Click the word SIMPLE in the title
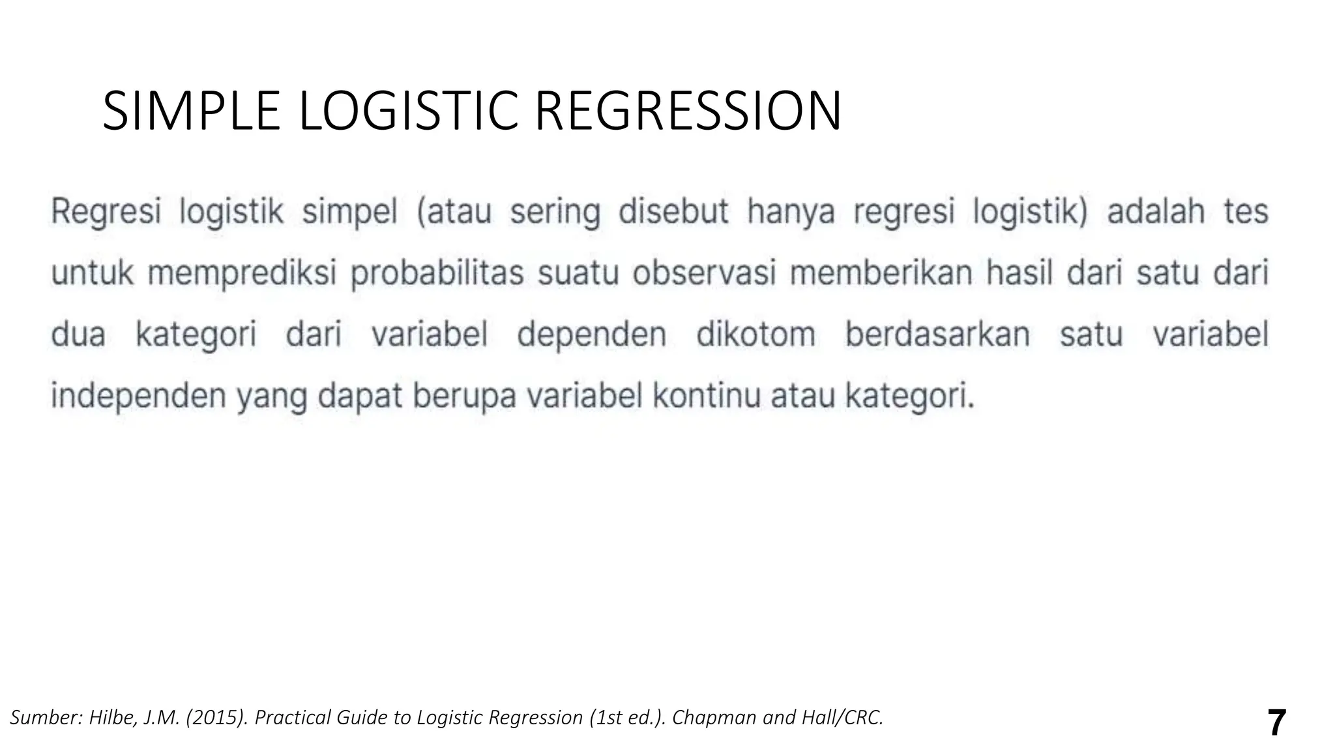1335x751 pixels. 191,111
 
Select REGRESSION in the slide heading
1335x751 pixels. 688,111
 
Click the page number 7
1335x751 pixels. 1276,722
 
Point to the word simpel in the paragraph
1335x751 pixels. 349,213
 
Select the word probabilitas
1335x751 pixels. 437,273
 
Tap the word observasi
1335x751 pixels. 704,273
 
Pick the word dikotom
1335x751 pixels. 756,334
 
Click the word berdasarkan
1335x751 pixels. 937,334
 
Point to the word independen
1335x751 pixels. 138,396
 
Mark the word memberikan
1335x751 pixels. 881,273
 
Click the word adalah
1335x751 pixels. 1156,213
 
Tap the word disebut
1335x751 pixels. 673,213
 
